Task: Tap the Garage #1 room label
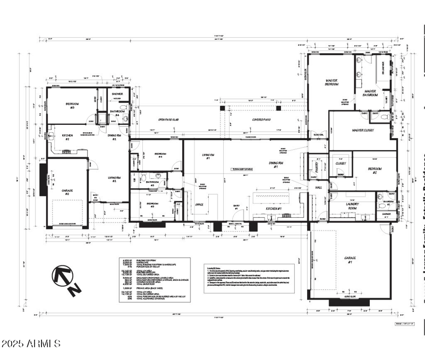coord(349,260)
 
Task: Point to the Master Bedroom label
coord(332,82)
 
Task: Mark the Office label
coord(200,204)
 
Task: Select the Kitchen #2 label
coord(67,136)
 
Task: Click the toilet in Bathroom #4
coord(123,108)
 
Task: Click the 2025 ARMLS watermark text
coord(31,344)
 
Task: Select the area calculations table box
coord(153,279)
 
